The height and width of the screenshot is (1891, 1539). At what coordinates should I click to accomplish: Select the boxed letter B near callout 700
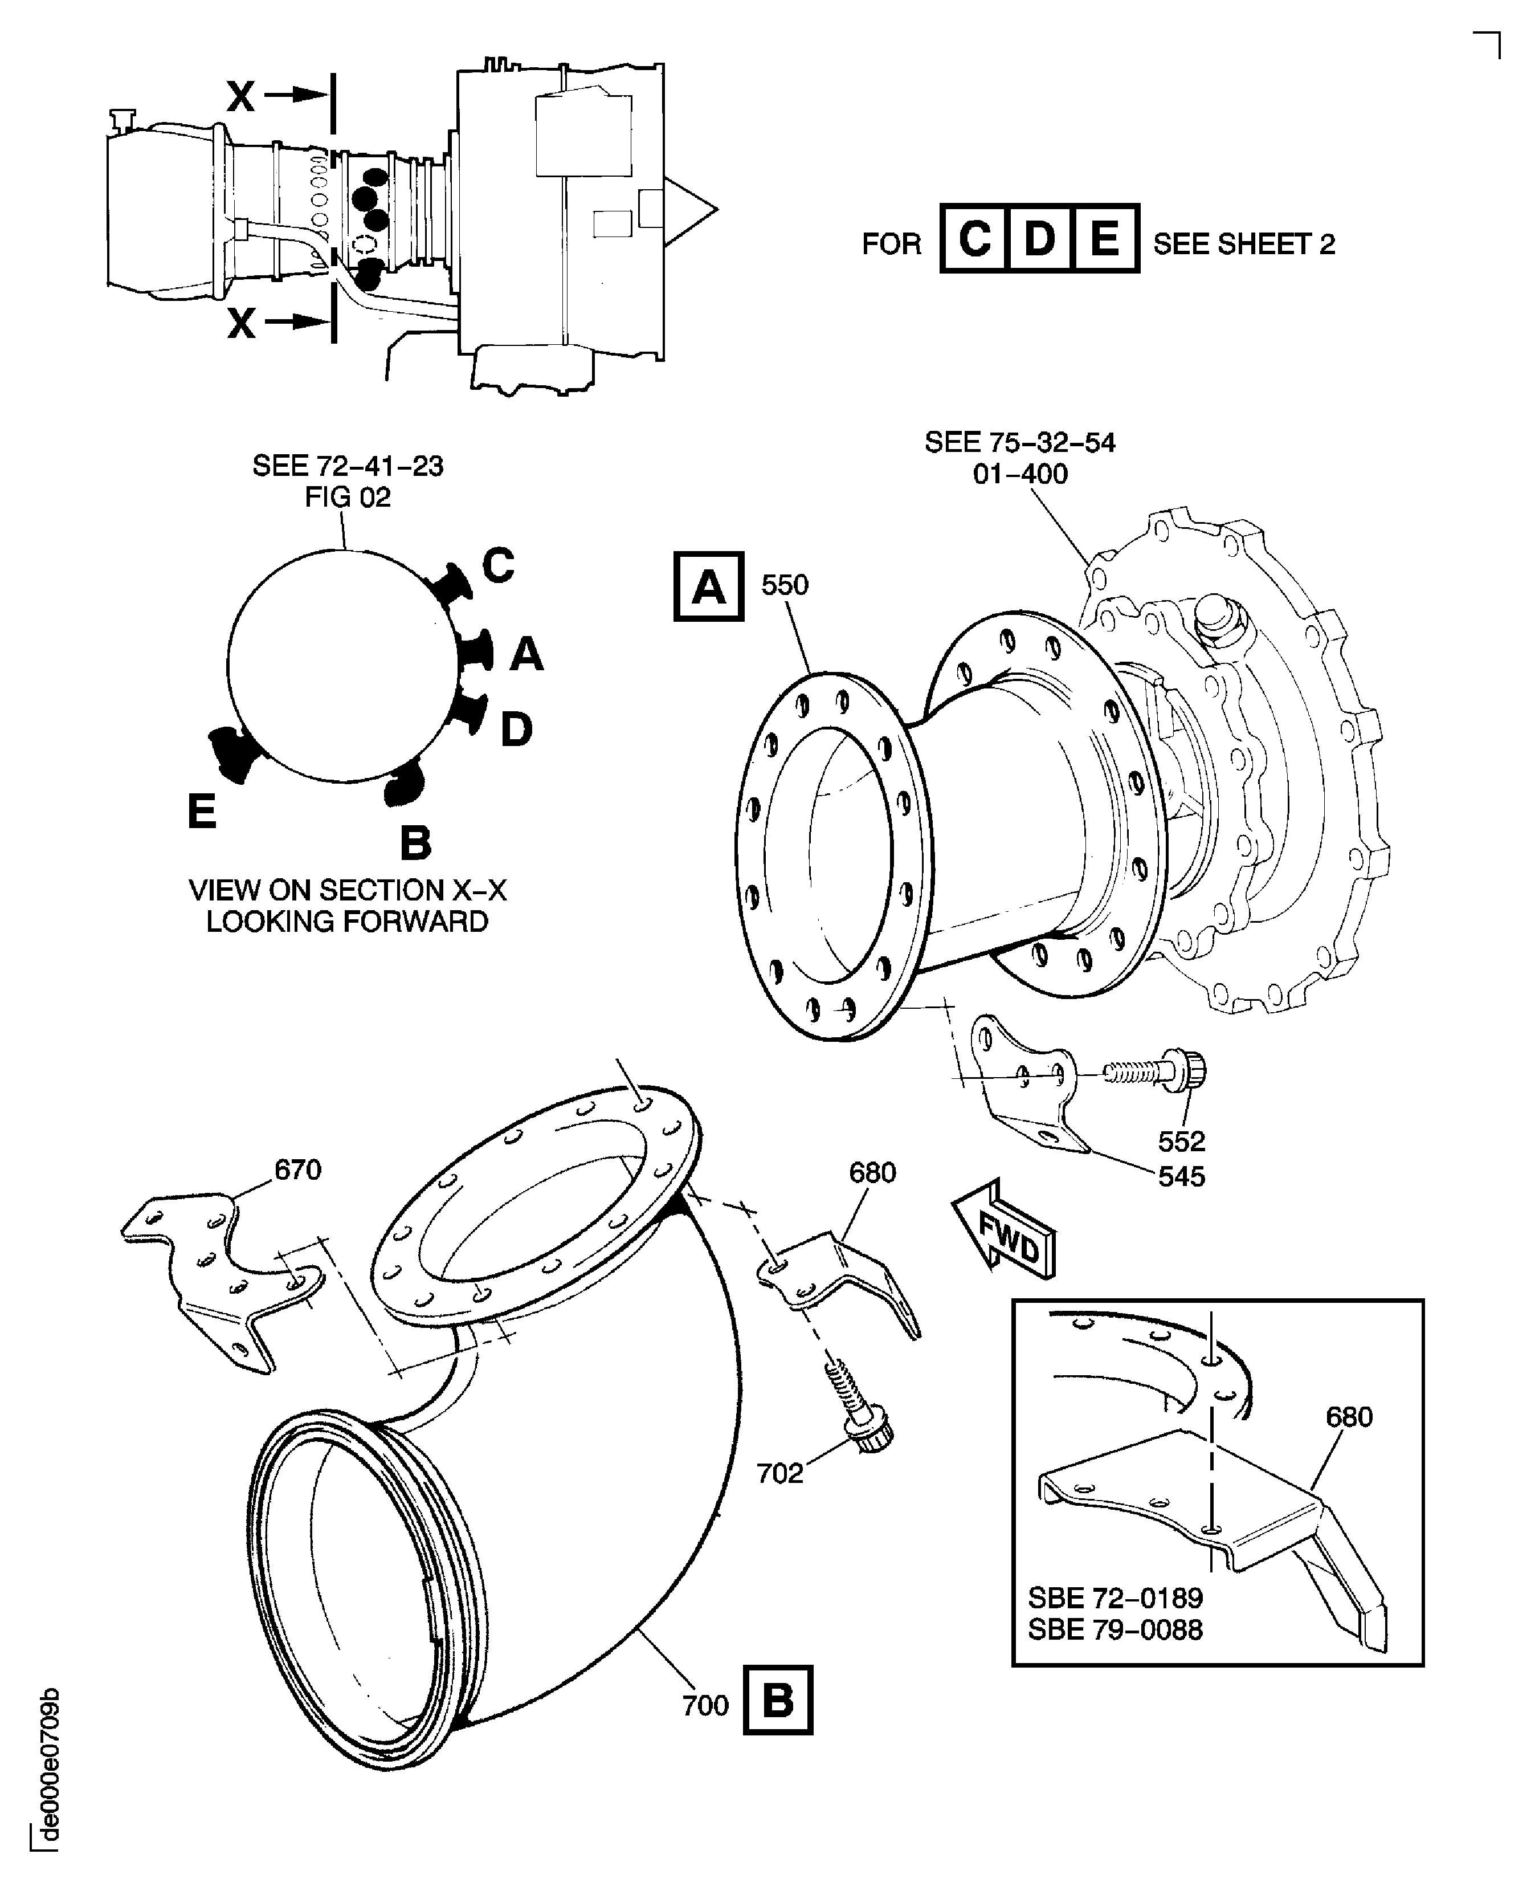[x=778, y=1701]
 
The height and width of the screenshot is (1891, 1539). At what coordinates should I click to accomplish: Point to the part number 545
[x=1182, y=1176]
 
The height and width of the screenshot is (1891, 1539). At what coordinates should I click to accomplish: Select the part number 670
[x=298, y=1170]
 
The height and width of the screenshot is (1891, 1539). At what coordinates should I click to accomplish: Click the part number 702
[x=779, y=1473]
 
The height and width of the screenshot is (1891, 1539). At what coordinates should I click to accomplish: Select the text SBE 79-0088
[x=1115, y=1629]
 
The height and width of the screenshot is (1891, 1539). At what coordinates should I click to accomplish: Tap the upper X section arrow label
[x=241, y=96]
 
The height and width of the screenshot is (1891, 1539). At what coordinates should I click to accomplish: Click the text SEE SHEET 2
[x=1244, y=244]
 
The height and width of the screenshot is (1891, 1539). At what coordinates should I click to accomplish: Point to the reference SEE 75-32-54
[x=1019, y=442]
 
